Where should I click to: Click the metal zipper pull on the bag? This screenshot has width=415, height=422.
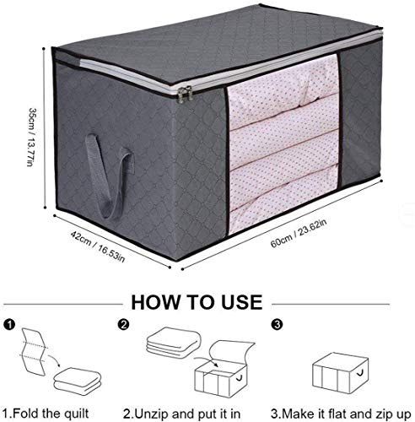[x=185, y=94]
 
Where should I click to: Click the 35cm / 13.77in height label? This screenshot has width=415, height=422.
[x=32, y=137]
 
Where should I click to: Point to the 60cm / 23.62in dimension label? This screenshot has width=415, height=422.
[x=299, y=233]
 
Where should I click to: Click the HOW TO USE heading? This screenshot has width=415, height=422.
[x=197, y=302]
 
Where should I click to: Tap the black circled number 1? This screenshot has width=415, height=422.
[x=9, y=325]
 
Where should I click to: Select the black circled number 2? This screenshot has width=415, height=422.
[x=124, y=325]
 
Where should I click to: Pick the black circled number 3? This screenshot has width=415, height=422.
[x=278, y=325]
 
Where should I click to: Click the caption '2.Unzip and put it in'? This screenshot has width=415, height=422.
[x=182, y=414]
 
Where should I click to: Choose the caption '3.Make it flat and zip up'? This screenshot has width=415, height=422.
[x=341, y=414]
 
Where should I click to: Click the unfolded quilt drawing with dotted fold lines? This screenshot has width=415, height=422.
[x=33, y=352]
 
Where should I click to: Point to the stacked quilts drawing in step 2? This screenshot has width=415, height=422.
[x=174, y=343]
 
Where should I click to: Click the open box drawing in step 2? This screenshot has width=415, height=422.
[x=224, y=369]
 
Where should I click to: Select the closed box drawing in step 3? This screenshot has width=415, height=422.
[x=341, y=373]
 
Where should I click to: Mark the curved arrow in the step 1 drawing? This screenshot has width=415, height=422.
[x=54, y=360]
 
